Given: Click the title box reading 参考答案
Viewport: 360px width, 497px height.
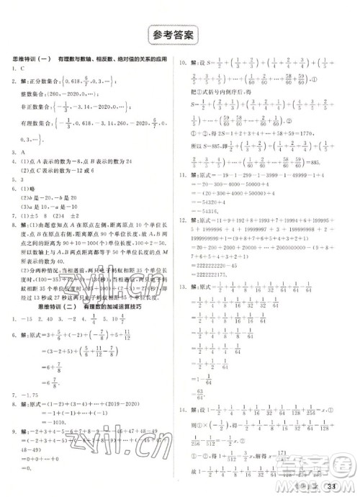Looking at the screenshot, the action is pyautogui.click(x=180, y=34).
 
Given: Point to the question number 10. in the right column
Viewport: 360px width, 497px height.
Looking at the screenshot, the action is pyautogui.click(x=184, y=63).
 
